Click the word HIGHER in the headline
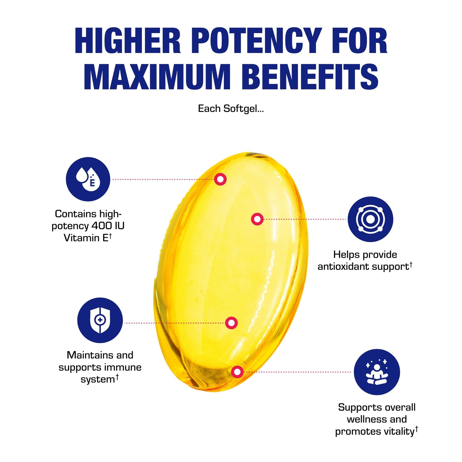point(128,41)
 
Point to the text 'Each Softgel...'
point(231,109)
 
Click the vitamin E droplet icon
point(88,179)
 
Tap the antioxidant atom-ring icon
point(371,219)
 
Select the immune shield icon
point(100,320)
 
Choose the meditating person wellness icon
point(377,372)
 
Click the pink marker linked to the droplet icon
point(220,179)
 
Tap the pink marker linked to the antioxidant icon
point(257,219)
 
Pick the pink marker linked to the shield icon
point(231,323)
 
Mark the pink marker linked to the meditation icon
point(237,372)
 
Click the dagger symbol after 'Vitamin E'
point(110,236)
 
